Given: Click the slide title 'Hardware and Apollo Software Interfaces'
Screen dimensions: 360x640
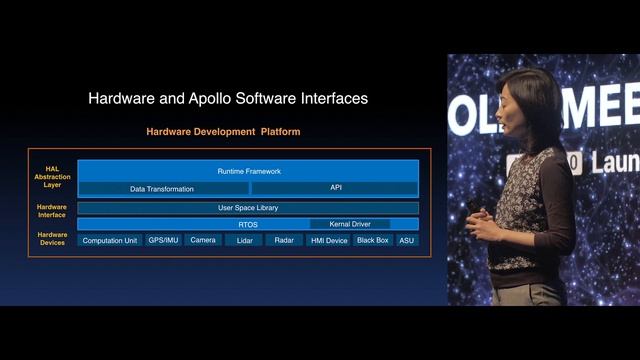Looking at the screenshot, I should [228, 98].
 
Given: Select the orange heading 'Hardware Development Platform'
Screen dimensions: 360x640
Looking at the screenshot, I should [223, 131].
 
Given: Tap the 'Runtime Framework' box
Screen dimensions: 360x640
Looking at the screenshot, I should [248, 171].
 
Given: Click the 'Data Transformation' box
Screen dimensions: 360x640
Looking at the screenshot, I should [162, 188].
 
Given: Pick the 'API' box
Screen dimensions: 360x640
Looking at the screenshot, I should [335, 188].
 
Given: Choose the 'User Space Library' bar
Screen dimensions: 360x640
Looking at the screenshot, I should [248, 208].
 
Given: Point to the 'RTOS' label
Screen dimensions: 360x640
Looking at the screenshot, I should [248, 224].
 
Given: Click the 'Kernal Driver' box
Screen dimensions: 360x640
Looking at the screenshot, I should [350, 224].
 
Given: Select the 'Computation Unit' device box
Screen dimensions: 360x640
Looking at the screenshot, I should [110, 241].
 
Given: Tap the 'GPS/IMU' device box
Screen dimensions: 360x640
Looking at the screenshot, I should [164, 241].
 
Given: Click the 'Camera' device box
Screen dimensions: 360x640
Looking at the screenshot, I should [203, 241].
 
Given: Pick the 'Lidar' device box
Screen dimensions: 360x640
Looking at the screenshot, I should [243, 241].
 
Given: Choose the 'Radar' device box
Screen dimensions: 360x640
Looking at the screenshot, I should [284, 241].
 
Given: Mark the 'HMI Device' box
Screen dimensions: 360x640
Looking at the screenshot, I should [329, 241].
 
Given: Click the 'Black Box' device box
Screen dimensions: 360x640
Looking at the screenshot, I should [373, 241].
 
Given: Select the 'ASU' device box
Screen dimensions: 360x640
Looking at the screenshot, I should [406, 241].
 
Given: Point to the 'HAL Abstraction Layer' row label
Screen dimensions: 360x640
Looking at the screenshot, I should [52, 176].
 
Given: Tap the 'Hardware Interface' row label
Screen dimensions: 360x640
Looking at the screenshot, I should [52, 210].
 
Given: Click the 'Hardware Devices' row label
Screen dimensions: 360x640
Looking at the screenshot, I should [52, 238].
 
